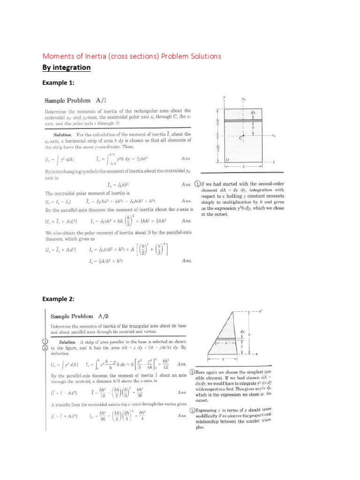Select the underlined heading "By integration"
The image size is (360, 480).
click(x=66, y=67)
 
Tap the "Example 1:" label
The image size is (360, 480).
click(x=59, y=82)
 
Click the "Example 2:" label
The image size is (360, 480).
click(x=59, y=299)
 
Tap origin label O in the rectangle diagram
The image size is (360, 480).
click(x=227, y=160)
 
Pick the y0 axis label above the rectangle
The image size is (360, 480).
click(x=244, y=99)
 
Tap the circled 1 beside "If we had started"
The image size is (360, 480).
click(x=198, y=184)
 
